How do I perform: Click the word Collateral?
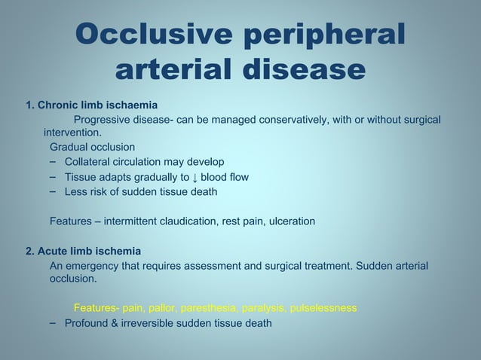(91, 162)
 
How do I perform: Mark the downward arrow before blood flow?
(195, 178)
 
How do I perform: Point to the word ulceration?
(289, 221)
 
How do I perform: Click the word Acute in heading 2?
(52, 251)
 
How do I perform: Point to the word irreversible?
(152, 323)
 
